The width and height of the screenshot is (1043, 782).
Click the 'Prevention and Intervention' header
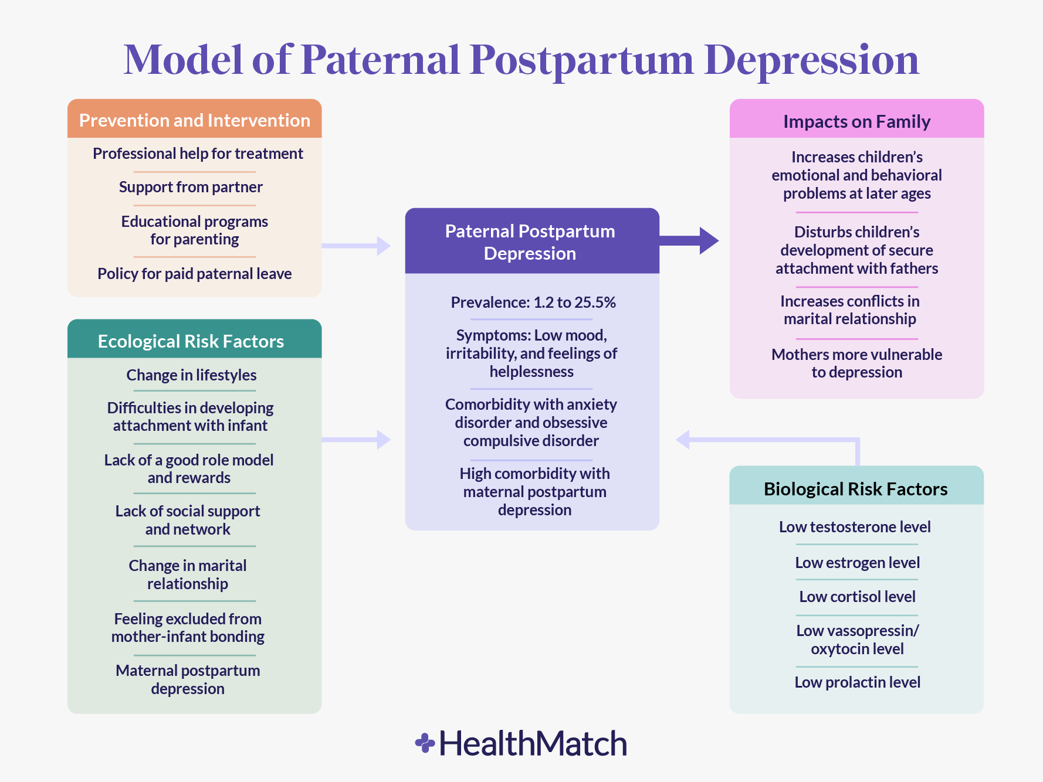click(x=194, y=120)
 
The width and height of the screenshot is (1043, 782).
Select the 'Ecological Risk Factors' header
click(x=191, y=341)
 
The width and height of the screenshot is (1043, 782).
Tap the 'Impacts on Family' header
click(x=856, y=121)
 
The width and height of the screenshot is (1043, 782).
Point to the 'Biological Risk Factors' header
click(x=855, y=489)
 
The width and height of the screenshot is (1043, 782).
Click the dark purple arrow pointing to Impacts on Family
click(x=689, y=240)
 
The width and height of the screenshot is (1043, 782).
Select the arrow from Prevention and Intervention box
click(x=356, y=246)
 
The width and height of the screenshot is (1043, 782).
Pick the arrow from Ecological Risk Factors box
click(x=356, y=439)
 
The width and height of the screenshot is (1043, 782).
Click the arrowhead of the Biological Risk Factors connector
click(x=682, y=439)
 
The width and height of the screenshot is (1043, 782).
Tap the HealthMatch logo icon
click(x=425, y=743)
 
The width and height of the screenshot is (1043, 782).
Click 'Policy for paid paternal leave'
click(x=194, y=274)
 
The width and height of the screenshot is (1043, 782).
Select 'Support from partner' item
click(x=191, y=187)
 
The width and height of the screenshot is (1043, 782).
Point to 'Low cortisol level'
click(x=857, y=597)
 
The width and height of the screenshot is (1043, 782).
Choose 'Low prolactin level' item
click(x=857, y=682)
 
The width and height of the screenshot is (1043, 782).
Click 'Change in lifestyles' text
click(x=191, y=375)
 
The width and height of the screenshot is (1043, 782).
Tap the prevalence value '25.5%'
click(x=595, y=302)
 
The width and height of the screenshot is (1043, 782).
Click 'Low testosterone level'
click(x=855, y=527)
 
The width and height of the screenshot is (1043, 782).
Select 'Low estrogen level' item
click(x=857, y=563)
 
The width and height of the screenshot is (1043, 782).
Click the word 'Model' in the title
click(x=183, y=60)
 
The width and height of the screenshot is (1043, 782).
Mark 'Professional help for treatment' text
click(x=198, y=154)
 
